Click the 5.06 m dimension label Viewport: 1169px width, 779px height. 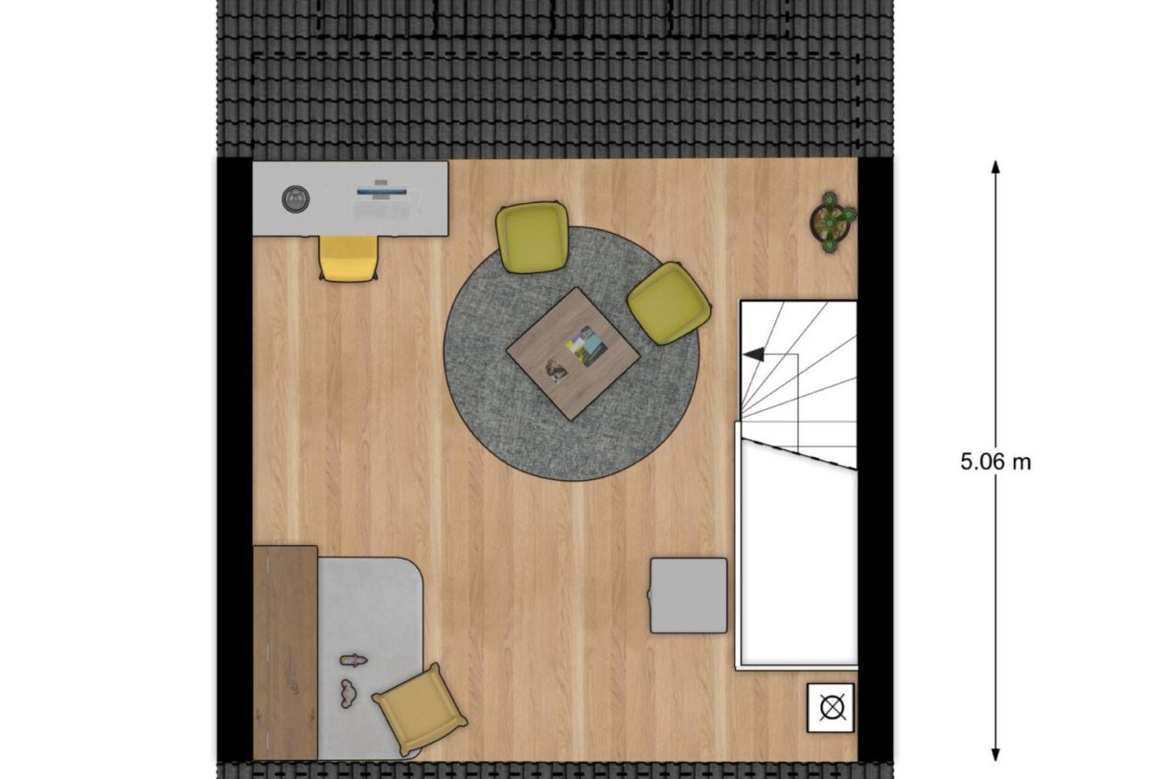click(996, 462)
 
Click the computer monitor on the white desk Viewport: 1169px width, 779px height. click(380, 191)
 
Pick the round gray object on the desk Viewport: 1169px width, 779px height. click(295, 199)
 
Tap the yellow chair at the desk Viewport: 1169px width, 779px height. click(349, 259)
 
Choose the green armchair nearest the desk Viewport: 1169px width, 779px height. click(532, 237)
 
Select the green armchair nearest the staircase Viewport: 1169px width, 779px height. click(669, 303)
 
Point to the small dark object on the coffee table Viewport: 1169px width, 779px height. click(555, 369)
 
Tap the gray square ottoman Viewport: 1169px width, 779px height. click(688, 595)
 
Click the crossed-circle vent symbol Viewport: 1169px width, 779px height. click(830, 708)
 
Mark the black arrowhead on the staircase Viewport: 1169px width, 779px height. click(754, 355)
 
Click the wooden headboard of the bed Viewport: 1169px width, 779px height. click(285, 652)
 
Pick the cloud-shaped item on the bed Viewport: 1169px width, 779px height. click(347, 691)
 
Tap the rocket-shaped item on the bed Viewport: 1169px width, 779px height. click(354, 659)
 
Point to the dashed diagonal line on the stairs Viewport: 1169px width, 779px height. click(800, 454)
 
